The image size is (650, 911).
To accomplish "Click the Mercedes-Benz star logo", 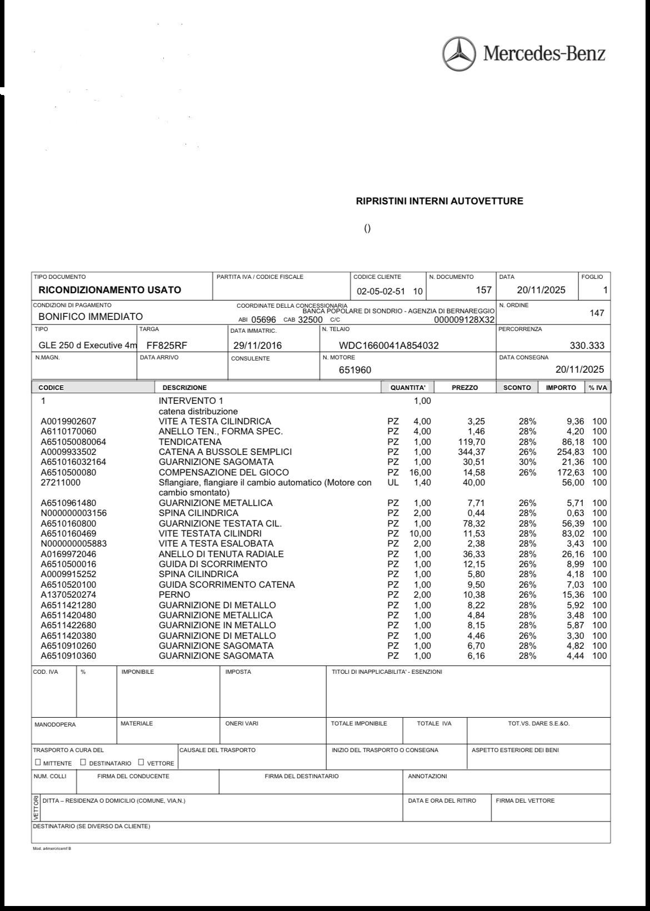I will (459, 54).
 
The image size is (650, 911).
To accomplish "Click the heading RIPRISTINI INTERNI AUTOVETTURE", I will (439, 201).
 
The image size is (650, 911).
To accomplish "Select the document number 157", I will (484, 290).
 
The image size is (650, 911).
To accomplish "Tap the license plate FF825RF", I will (167, 346).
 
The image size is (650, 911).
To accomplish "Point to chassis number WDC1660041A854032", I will (389, 346).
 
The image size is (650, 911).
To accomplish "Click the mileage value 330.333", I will (587, 346).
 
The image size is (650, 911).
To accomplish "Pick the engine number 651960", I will (355, 370).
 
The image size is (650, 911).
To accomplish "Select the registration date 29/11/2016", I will (257, 346).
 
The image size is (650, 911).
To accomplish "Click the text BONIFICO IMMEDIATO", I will (91, 317).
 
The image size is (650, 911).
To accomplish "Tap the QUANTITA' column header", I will (408, 388).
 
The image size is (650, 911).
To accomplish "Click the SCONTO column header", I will (517, 388).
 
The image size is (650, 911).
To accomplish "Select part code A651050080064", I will (73, 442).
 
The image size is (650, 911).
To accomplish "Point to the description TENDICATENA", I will (190, 442).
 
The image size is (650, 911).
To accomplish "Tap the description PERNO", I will (174, 595).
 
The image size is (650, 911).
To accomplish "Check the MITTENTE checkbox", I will (38, 762).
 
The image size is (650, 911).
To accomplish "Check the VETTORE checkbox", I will (141, 762).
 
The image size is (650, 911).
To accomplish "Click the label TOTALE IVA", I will (434, 723).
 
